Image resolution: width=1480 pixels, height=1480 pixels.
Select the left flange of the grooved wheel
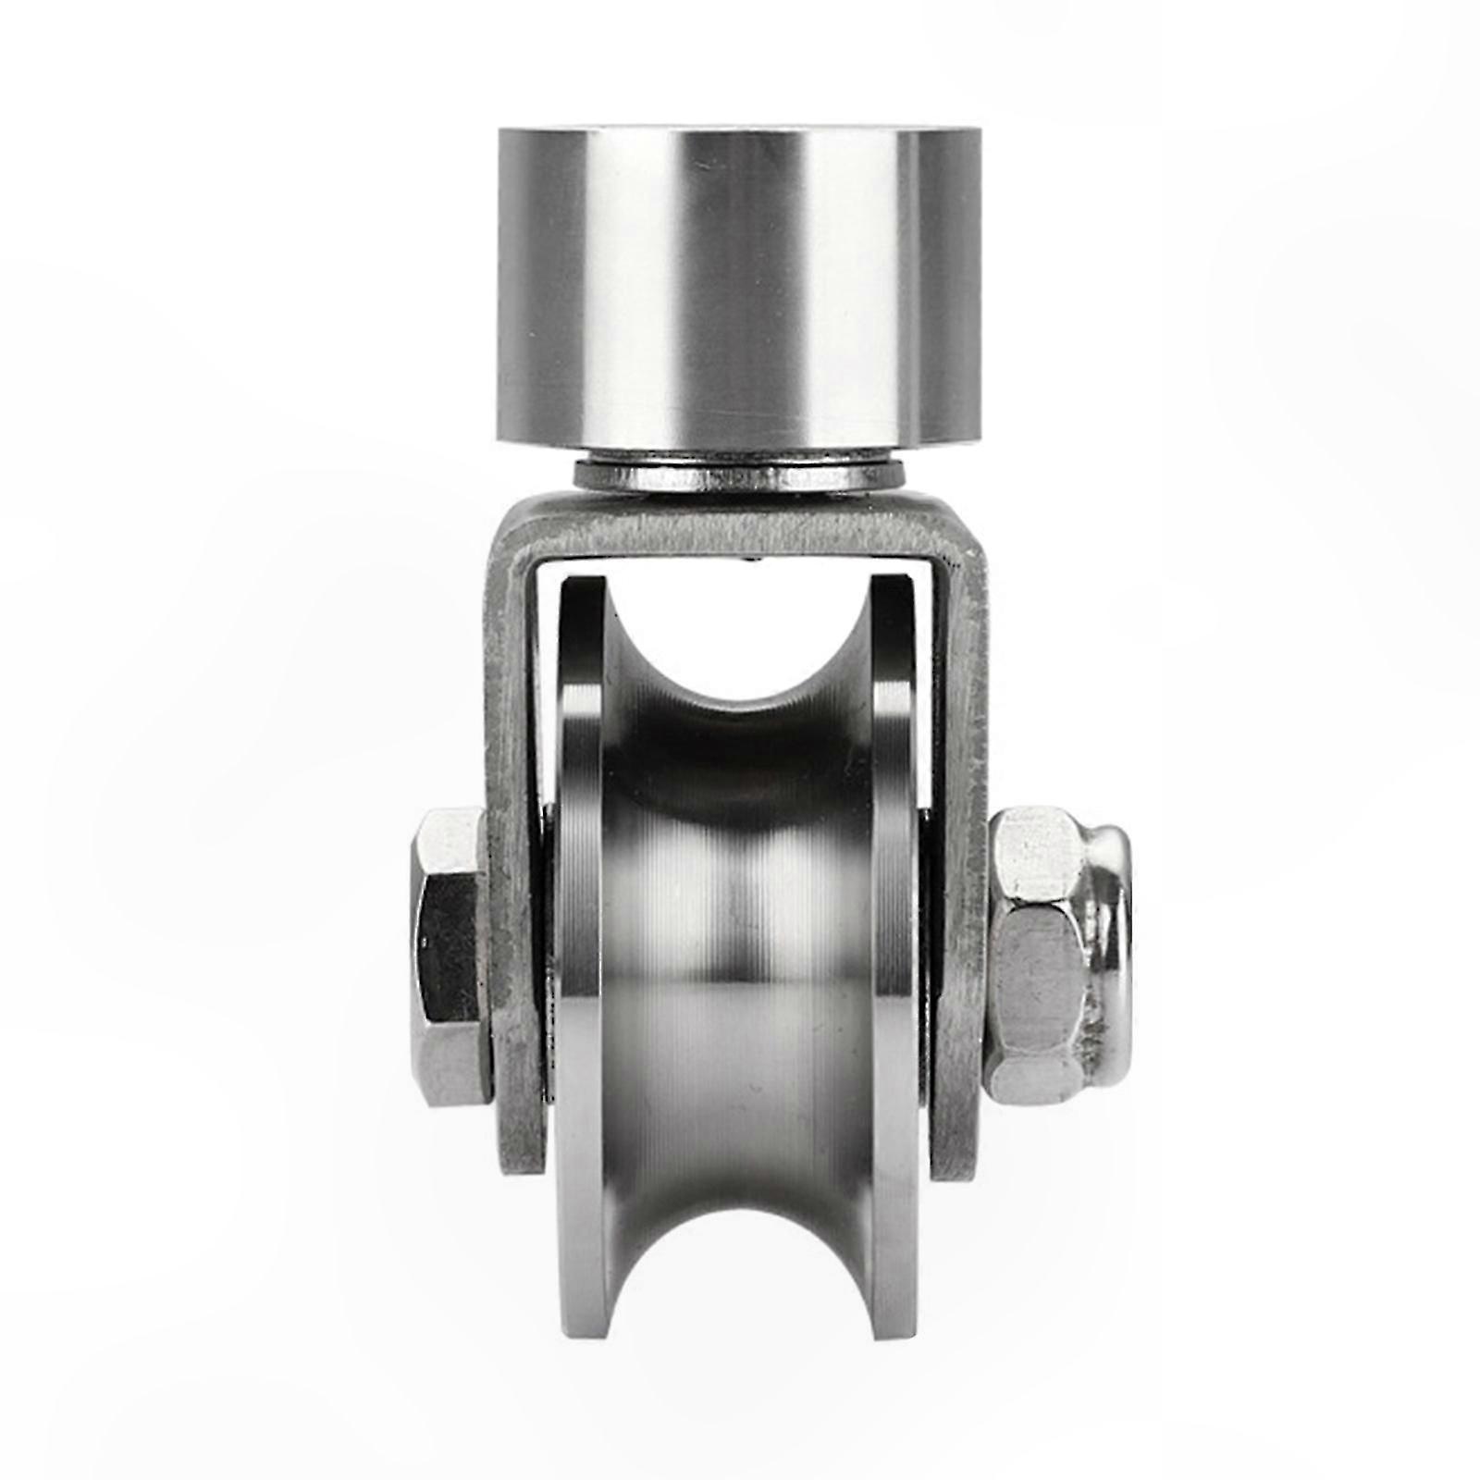click(x=578, y=925)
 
